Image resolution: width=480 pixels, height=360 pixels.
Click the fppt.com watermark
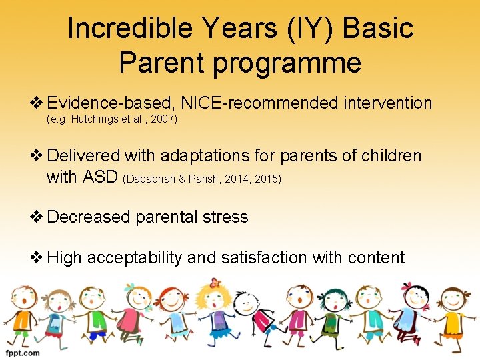pyautogui.click(x=22, y=352)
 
